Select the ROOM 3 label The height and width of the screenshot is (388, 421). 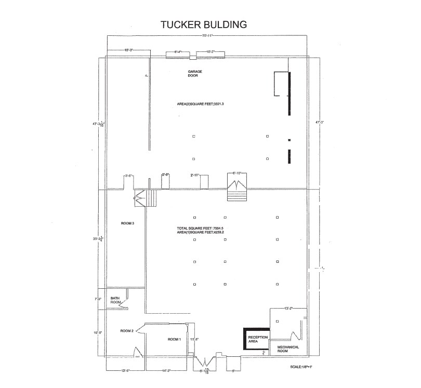click(x=127, y=223)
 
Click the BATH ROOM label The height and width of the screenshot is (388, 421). click(x=115, y=300)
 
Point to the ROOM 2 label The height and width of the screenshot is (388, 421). click(x=127, y=331)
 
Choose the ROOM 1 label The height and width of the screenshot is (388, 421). click(x=174, y=339)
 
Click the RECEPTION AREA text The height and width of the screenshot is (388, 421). click(x=258, y=340)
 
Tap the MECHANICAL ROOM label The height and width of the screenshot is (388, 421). click(x=287, y=349)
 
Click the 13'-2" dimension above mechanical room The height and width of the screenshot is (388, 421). click(x=288, y=309)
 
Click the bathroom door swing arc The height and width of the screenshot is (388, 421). click(x=124, y=305)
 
